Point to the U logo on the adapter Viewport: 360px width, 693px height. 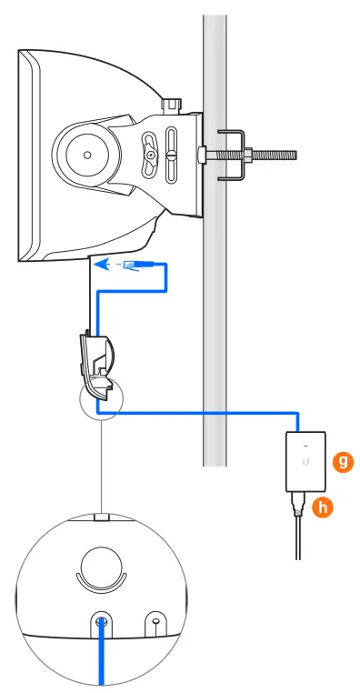pyautogui.click(x=304, y=473)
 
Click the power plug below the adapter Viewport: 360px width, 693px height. pyautogui.click(x=297, y=507)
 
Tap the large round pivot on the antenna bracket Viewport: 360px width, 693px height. pyautogui.click(x=86, y=155)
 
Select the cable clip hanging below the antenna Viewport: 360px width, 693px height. pyautogui.click(x=97, y=360)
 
